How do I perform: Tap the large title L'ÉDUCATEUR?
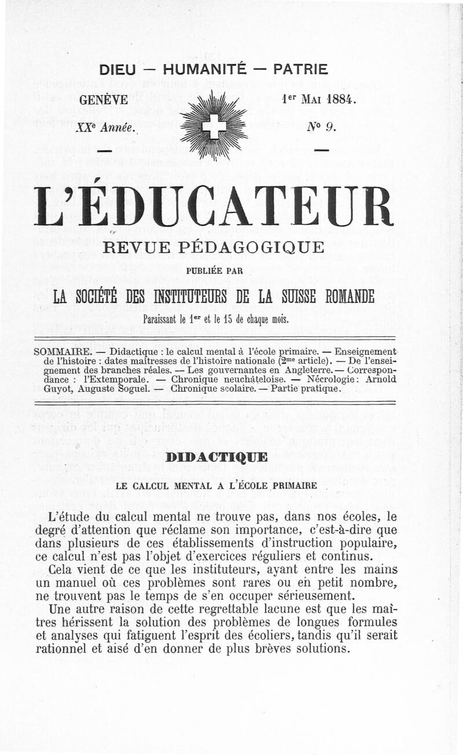(x=215, y=207)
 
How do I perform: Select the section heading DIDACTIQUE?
(x=215, y=458)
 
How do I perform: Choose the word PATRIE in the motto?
(x=300, y=69)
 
